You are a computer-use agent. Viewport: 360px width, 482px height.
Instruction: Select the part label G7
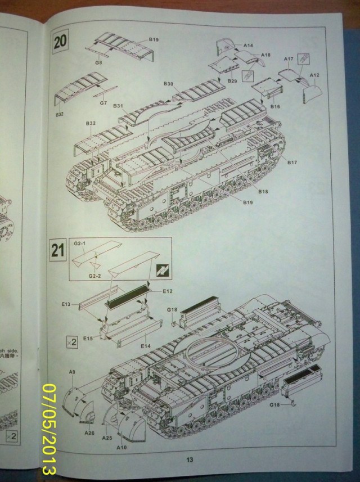point(103,103)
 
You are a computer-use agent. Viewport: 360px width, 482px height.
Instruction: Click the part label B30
point(168,84)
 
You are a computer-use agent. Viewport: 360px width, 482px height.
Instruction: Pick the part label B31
point(118,105)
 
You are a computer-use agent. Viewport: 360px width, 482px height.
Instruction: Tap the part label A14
point(249,44)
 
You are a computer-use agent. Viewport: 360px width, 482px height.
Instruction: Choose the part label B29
point(232,82)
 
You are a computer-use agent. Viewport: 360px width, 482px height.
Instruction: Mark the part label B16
point(275,106)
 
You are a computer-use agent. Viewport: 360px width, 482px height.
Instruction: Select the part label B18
point(264,191)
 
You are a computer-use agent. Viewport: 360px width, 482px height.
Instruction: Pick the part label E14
point(145,345)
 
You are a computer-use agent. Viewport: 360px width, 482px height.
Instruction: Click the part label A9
point(71,372)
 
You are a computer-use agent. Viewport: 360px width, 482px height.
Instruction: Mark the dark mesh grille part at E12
point(127,296)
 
